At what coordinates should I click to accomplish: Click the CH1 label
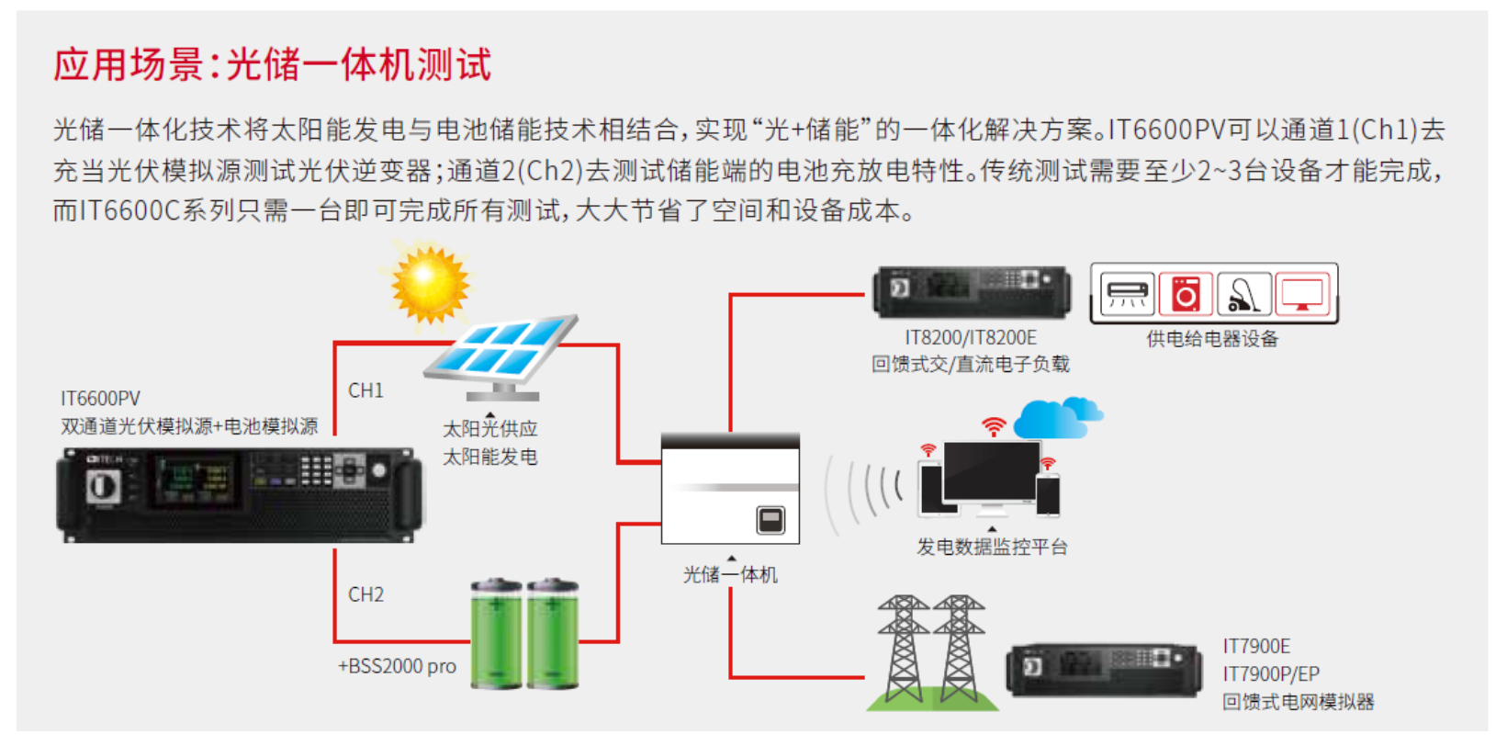click(x=366, y=390)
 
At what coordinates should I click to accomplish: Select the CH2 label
click(x=366, y=594)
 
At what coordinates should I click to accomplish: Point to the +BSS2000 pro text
click(x=397, y=667)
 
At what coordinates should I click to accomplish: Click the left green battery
click(x=496, y=634)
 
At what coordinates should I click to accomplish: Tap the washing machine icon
click(x=1186, y=294)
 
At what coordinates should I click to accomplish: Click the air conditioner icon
click(x=1128, y=294)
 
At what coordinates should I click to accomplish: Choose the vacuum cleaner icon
click(x=1244, y=294)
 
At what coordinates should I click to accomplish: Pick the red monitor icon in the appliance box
click(x=1302, y=294)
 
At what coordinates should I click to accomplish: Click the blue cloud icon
click(x=1058, y=417)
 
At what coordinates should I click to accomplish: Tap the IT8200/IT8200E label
click(x=970, y=337)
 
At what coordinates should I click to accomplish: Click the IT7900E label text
click(x=1256, y=647)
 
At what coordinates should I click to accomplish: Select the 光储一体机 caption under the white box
click(x=731, y=574)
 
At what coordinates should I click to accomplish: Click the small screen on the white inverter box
click(x=771, y=520)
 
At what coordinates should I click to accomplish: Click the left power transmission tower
click(x=903, y=650)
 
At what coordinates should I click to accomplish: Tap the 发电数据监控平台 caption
click(x=993, y=547)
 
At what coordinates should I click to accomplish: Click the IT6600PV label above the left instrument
click(x=100, y=399)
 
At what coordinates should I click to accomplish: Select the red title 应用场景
click(x=129, y=65)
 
